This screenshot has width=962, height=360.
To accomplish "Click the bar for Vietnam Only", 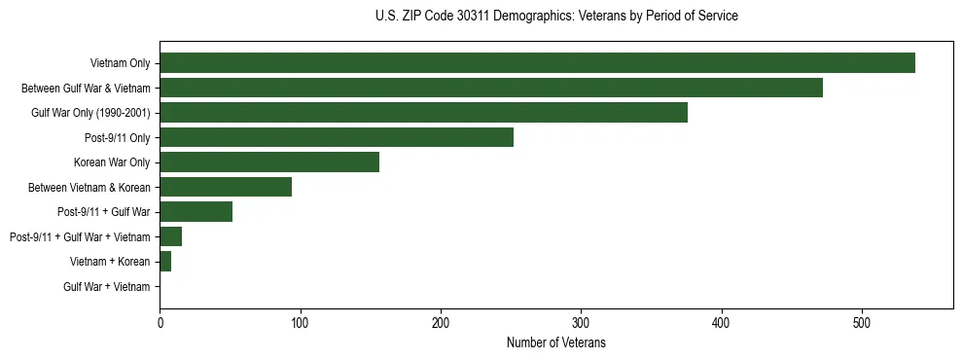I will pyautogui.click(x=537, y=63).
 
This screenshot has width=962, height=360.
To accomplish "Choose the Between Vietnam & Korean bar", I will pyautogui.click(x=226, y=187).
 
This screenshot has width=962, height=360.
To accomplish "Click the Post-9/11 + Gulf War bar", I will pyautogui.click(x=196, y=212).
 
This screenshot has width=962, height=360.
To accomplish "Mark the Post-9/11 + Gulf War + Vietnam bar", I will pyautogui.click(x=170, y=236).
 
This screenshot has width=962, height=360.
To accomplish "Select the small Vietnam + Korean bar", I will pyautogui.click(x=165, y=262).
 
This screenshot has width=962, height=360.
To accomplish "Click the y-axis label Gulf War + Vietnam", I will pyautogui.click(x=107, y=287).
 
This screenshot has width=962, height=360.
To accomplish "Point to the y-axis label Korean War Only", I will pyautogui.click(x=112, y=162).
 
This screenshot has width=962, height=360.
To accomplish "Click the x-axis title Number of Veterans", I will pyautogui.click(x=556, y=342).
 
